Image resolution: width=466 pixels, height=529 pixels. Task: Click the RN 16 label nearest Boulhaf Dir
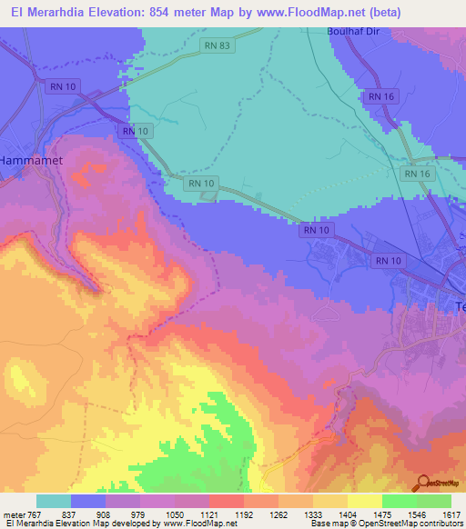tap(379, 95)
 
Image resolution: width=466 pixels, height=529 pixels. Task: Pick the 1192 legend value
tap(245, 514)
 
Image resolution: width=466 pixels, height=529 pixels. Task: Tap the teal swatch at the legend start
tap(53, 501)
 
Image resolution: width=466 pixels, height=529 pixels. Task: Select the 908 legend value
tap(106, 514)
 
